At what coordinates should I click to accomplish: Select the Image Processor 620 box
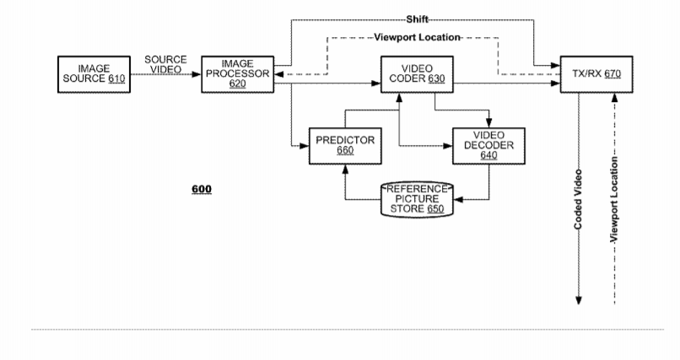pyautogui.click(x=237, y=73)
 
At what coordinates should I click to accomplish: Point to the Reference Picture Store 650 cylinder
pyautogui.click(x=418, y=198)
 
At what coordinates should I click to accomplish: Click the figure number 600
pyautogui.click(x=201, y=189)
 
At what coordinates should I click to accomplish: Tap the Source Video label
pyautogui.click(x=165, y=64)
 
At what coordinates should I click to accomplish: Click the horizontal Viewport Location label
pyautogui.click(x=417, y=38)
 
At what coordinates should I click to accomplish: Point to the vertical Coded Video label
pyautogui.click(x=578, y=203)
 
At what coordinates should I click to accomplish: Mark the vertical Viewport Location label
pyautogui.click(x=615, y=201)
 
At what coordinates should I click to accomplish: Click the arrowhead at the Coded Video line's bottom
pyautogui.click(x=579, y=299)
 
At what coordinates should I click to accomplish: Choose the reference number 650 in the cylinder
pyautogui.click(x=435, y=207)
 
